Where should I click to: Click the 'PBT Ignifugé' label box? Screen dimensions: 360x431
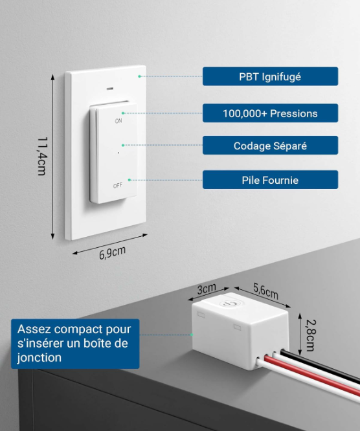click(x=270, y=76)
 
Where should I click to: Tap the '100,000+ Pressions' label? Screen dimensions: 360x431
click(x=270, y=113)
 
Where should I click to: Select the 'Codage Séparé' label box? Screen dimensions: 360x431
click(x=270, y=146)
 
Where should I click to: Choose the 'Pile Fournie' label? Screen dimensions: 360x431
click(x=270, y=180)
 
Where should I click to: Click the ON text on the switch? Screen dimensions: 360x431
click(x=118, y=120)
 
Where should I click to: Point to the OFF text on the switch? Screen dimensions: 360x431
click(x=117, y=186)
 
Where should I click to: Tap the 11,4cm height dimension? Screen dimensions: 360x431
click(x=42, y=156)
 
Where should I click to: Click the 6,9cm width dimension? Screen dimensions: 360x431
click(x=113, y=252)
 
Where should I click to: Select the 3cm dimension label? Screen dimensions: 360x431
click(x=207, y=289)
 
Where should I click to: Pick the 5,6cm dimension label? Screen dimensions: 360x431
click(x=265, y=291)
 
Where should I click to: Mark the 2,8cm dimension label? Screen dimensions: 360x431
click(x=311, y=335)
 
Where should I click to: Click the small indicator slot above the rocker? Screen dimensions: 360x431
click(x=109, y=89)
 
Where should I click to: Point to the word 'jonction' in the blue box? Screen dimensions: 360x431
click(x=39, y=358)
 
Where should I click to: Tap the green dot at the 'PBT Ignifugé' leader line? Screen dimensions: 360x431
click(x=139, y=76)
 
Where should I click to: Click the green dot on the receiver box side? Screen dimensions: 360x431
click(x=192, y=335)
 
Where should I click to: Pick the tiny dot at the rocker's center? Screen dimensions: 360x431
click(x=118, y=153)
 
